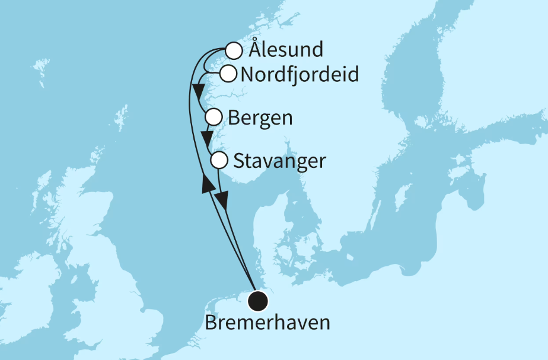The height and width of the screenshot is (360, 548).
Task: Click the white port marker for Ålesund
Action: click(x=234, y=50)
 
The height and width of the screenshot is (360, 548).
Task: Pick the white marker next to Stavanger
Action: click(x=219, y=160)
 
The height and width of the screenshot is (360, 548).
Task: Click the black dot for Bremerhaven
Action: click(x=258, y=301)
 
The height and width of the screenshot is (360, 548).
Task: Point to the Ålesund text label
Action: click(x=286, y=50)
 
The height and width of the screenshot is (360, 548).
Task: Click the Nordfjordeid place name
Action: click(x=299, y=75)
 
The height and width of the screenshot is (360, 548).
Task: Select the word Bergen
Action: click(x=260, y=118)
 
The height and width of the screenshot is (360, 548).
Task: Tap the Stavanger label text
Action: click(x=280, y=161)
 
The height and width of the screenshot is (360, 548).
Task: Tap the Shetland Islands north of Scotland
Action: click(x=121, y=117)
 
